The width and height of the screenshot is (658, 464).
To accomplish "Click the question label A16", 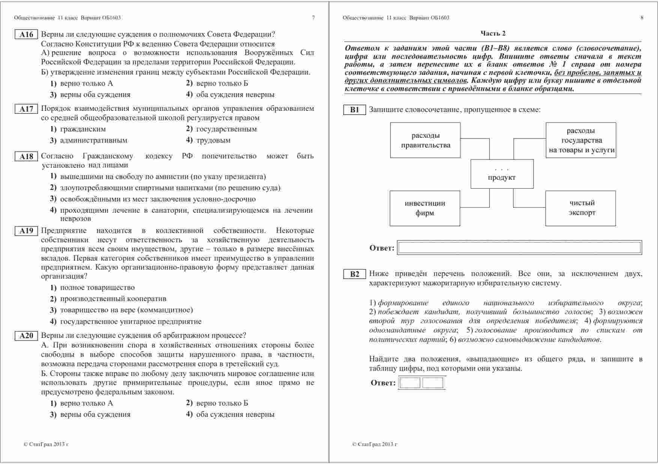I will point(26,34).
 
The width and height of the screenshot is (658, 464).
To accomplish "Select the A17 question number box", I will point(26,109).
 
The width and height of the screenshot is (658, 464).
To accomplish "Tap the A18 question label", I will point(26,157).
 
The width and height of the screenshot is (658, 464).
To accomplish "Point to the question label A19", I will point(26,231).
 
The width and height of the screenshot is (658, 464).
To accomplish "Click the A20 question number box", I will point(26,336).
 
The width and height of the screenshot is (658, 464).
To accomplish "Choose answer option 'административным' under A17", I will point(93,140).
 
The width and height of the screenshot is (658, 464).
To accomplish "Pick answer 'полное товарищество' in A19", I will point(97,288).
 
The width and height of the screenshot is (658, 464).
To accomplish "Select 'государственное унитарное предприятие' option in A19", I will point(131,321).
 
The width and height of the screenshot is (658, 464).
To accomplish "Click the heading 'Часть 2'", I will point(493,33).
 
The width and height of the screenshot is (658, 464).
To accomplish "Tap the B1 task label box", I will point(355,110).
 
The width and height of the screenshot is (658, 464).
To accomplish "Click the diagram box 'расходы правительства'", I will point(425,140).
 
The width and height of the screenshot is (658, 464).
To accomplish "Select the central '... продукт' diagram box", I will point(502,174).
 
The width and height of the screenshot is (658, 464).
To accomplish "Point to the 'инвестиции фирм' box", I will point(425,208).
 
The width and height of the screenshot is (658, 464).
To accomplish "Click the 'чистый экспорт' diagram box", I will point(580,208).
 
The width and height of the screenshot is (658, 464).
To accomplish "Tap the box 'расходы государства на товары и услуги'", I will point(581,140).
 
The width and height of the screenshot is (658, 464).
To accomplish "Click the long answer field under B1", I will point(520,248).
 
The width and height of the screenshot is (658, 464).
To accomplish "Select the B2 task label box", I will point(355,274).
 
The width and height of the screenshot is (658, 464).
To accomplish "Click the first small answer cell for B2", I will point(410,383).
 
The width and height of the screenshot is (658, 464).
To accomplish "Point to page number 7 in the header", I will point(314,18).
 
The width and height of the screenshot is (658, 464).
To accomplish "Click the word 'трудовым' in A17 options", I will point(213,140).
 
